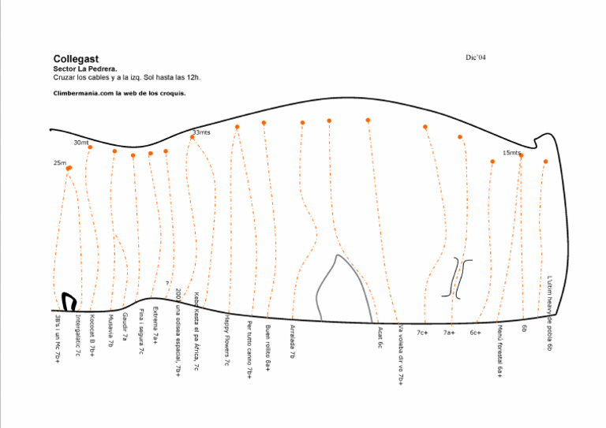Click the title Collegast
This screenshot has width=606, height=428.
tap(76, 59)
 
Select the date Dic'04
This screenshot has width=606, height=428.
tap(477, 58)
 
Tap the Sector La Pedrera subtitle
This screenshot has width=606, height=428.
tap(85, 69)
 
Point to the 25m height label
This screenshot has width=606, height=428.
tap(60, 163)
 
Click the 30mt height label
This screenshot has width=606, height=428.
tap(81, 143)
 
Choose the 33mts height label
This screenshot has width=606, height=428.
tap(201, 132)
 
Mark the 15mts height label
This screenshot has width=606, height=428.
tap(511, 153)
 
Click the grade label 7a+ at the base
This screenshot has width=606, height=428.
tap(448, 333)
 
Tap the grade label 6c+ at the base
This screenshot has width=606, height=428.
tap(475, 333)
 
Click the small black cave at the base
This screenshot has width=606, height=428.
tap(69, 302)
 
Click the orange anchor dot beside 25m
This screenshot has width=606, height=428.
tap(69, 168)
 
